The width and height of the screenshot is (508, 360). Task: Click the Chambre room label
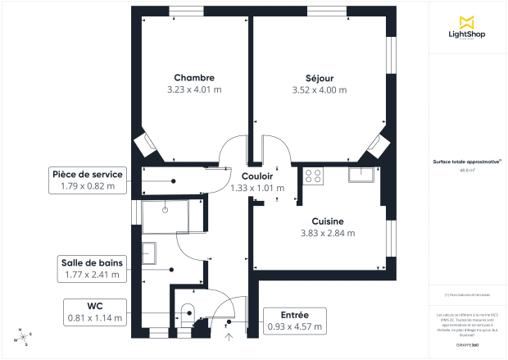point(194,77)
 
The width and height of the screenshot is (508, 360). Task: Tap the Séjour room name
point(314,78)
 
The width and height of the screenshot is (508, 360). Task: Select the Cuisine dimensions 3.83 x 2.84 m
point(327,233)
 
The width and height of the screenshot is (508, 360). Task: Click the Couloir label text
point(257,176)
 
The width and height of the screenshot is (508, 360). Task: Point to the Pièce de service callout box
point(88,180)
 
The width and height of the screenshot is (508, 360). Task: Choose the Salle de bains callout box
point(93,268)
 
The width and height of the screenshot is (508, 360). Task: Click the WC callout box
point(97,312)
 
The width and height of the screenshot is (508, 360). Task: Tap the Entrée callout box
point(295,321)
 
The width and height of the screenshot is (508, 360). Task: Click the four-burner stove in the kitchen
point(314,175)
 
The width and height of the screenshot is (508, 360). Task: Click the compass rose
point(24,336)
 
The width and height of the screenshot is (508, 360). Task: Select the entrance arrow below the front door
point(229,334)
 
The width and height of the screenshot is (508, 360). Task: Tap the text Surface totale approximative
point(468,162)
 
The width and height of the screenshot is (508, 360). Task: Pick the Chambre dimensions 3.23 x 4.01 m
point(194,89)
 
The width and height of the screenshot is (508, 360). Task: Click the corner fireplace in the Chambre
point(147,145)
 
